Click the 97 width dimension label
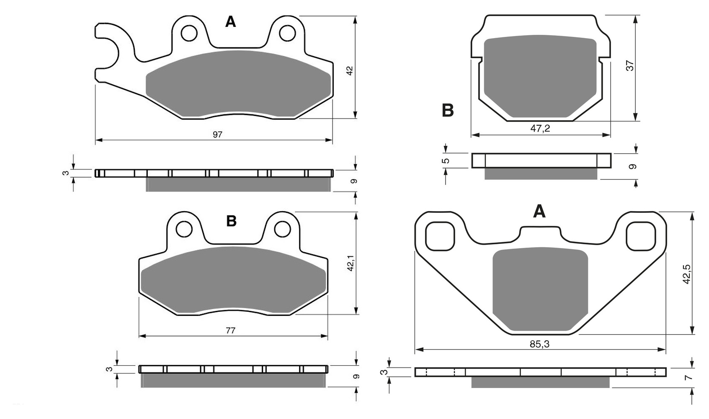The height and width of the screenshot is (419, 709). pyautogui.click(x=217, y=134)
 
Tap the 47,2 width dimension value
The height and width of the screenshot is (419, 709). pyautogui.click(x=540, y=129)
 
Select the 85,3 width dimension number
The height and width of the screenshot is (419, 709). pyautogui.click(x=540, y=344)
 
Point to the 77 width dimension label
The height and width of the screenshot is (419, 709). pyautogui.click(x=230, y=331)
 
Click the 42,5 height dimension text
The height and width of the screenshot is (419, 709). pyautogui.click(x=686, y=274)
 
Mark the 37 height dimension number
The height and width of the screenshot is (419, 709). pyautogui.click(x=630, y=65)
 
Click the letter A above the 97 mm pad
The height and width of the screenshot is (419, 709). pyautogui.click(x=230, y=22)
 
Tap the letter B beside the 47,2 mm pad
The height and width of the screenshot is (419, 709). pyautogui.click(x=448, y=111)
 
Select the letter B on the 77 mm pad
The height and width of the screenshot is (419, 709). pyautogui.click(x=231, y=221)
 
